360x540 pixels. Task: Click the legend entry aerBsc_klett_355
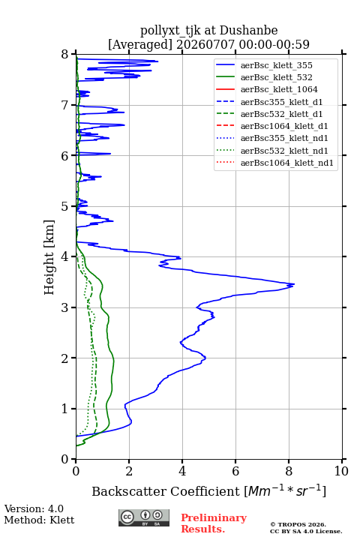coord(276,65)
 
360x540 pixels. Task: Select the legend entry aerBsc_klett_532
coord(276,77)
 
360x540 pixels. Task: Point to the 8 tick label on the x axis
coord(289,471)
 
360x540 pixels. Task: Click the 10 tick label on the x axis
coord(341,471)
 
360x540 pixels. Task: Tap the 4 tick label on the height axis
coord(65,257)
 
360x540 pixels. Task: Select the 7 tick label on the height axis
coord(65,105)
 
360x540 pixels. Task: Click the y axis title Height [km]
coord(49,257)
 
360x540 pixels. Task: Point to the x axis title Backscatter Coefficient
coord(165,491)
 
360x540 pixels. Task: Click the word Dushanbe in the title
coord(248,31)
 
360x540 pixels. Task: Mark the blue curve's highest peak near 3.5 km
coord(294,284)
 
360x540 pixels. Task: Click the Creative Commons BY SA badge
coord(144,518)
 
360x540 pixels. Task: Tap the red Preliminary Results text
coord(214,523)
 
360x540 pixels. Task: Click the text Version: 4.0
coord(34,509)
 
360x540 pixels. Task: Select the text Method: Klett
coord(39,520)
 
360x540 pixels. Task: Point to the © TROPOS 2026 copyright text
coord(298,524)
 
